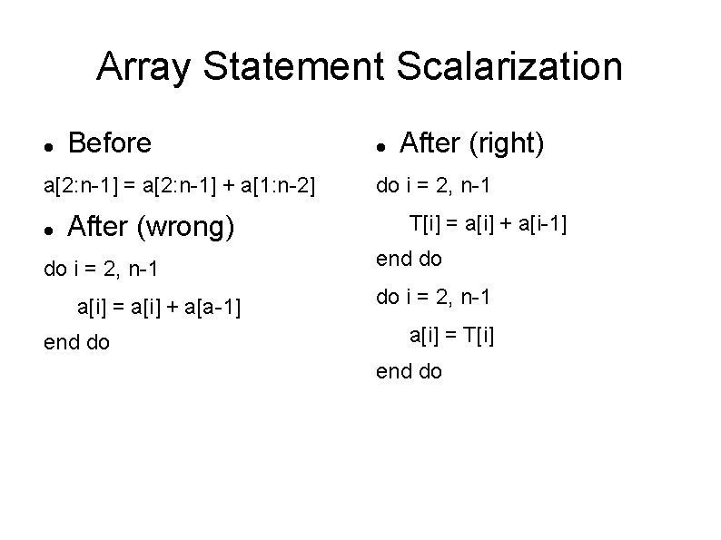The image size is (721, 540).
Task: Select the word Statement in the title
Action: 294,66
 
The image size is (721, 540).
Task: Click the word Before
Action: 109,142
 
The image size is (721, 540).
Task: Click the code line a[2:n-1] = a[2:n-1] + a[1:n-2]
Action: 180,186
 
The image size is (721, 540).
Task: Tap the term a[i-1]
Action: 542,222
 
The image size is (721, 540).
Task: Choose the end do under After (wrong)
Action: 76,342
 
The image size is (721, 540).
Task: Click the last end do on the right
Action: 409,370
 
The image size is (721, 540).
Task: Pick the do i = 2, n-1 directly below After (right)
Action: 433,186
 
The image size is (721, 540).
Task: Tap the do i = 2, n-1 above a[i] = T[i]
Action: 433,297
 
